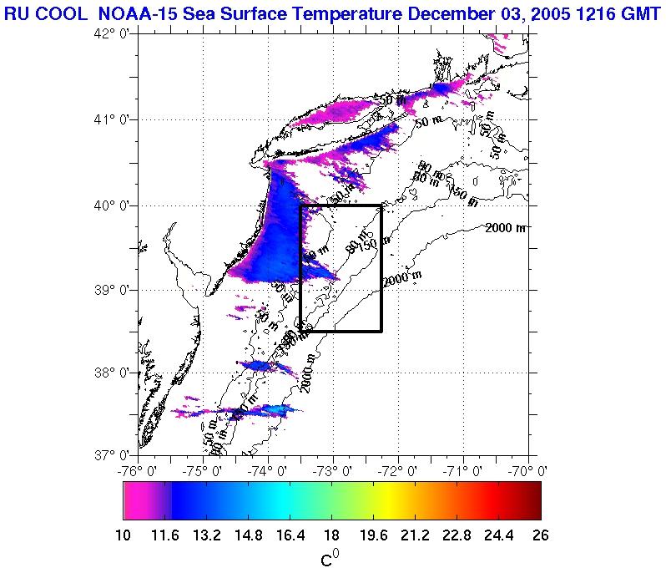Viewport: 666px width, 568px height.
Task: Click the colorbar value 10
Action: pyautogui.click(x=124, y=536)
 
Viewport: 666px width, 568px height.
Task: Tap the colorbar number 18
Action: pyautogui.click(x=331, y=536)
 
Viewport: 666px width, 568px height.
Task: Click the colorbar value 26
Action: pyautogui.click(x=540, y=536)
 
